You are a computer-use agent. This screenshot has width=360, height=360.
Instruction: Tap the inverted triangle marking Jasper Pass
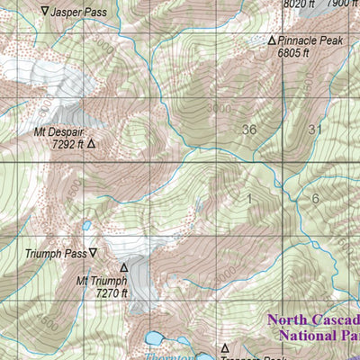[47, 12]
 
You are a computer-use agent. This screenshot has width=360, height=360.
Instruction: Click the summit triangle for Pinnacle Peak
[272, 40]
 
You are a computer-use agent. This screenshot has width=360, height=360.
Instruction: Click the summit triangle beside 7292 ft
[91, 142]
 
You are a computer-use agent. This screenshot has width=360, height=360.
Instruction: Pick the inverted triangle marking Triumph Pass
[92, 254]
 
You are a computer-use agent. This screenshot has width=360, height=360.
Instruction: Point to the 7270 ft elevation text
[112, 292]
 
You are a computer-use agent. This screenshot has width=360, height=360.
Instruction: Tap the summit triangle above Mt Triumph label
[124, 266]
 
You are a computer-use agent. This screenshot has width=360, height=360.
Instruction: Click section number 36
[249, 130]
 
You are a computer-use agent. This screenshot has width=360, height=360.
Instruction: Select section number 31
[314, 129]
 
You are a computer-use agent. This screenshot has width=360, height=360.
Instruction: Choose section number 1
[249, 197]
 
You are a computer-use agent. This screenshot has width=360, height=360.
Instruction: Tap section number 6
[315, 198]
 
